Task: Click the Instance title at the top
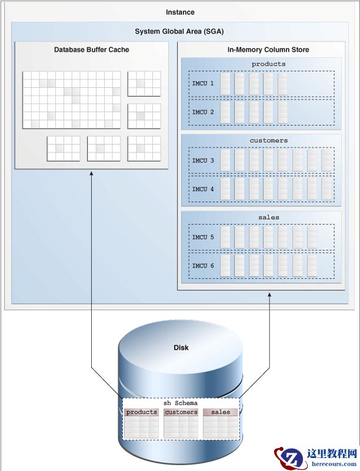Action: [x=180, y=12]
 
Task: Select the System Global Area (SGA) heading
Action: [x=179, y=31]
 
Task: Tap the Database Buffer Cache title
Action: [x=91, y=49]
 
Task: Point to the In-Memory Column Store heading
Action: [x=260, y=49]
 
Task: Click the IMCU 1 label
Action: [x=203, y=84]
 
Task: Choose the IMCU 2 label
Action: [x=203, y=112]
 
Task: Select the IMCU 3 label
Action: [x=203, y=160]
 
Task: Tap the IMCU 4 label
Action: [x=203, y=189]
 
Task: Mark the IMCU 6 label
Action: [x=203, y=266]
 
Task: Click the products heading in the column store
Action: [x=268, y=64]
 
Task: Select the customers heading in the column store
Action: [x=268, y=141]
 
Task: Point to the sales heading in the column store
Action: [x=268, y=217]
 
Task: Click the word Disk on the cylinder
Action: [x=181, y=347]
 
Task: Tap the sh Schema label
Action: [x=181, y=403]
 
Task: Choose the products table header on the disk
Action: [x=142, y=412]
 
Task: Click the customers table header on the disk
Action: [x=181, y=412]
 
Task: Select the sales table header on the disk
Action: [x=221, y=412]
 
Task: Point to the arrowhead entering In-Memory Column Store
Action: [x=269, y=294]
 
